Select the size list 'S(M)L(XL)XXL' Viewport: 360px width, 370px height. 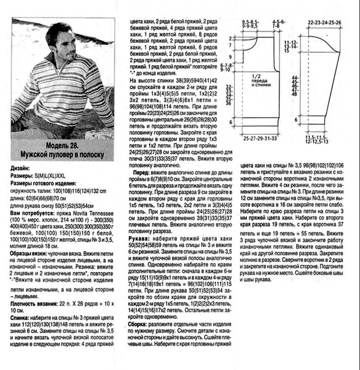pyautogui.click(x=51, y=176)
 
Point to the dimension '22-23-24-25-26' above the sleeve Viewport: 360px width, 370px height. pyautogui.click(x=324, y=23)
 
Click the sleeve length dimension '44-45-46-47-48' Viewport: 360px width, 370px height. pyautogui.click(x=295, y=86)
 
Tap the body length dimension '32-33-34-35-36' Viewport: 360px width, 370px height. pyautogui.click(x=228, y=95)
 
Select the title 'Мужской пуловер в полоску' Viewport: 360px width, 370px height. pyautogui.click(x=62, y=155)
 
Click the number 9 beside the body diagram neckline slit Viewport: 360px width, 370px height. pyautogui.click(x=230, y=57)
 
